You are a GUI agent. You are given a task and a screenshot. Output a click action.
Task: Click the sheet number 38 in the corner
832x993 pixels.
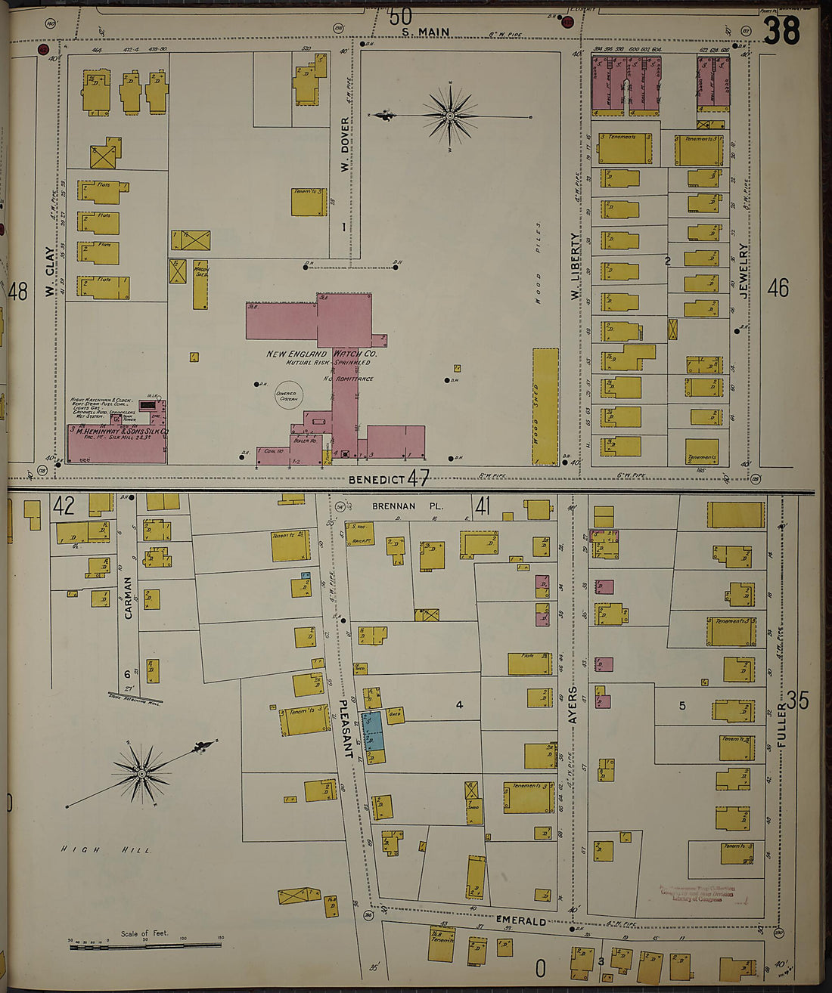(x=781, y=32)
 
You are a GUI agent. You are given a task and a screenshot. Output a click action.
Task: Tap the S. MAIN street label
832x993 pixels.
(x=425, y=32)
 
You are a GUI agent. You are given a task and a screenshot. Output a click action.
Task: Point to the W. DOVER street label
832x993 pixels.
(x=345, y=144)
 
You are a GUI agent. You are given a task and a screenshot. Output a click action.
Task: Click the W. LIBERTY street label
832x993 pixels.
(x=575, y=266)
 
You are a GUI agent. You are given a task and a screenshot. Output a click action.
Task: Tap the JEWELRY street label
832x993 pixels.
(x=744, y=271)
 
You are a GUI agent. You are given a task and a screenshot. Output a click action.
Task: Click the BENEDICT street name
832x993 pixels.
(x=377, y=480)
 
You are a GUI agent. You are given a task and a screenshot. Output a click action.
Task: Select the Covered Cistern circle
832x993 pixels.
(x=287, y=394)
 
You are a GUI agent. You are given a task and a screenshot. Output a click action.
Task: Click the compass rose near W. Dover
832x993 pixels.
(x=450, y=116)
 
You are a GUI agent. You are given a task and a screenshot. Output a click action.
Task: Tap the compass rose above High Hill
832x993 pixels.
(x=141, y=773)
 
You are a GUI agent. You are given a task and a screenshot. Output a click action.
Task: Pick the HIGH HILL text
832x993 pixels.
(x=106, y=850)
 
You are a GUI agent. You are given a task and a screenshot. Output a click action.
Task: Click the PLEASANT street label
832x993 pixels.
(x=345, y=728)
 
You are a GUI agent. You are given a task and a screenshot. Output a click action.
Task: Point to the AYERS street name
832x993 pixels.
(x=573, y=705)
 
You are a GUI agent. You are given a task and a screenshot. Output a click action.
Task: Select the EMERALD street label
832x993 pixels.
(x=520, y=921)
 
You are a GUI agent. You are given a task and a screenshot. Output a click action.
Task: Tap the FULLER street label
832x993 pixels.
(x=781, y=725)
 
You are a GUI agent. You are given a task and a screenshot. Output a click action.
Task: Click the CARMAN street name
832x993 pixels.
(x=128, y=598)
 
